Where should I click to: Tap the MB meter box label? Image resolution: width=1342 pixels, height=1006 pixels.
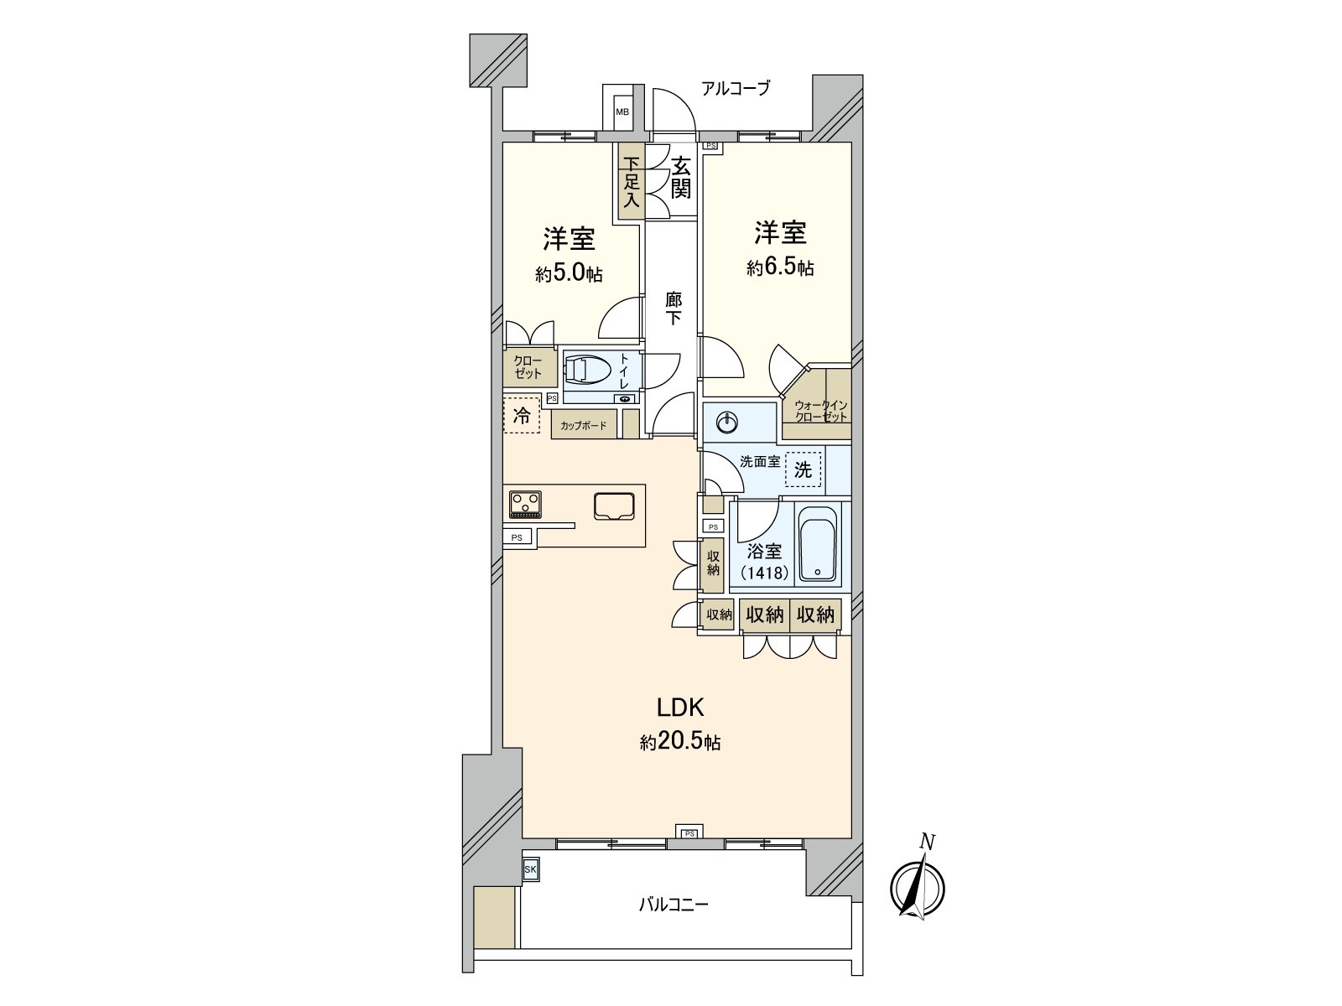pos(622,111)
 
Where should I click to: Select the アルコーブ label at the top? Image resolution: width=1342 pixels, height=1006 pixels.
pos(735,88)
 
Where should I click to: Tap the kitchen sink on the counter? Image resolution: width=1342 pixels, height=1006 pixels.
pos(614,506)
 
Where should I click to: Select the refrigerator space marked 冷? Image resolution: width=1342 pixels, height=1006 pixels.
pos(522,415)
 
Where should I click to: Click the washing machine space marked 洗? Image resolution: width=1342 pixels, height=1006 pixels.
pos(803,470)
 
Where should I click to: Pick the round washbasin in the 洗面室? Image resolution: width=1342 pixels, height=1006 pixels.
pos(726,422)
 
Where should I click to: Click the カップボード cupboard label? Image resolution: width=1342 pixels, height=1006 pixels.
pos(584,426)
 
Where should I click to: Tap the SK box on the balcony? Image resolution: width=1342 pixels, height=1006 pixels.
pos(530,870)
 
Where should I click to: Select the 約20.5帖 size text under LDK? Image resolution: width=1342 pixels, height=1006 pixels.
pos(679,742)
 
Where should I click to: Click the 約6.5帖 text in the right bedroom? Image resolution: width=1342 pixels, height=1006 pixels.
pos(780,268)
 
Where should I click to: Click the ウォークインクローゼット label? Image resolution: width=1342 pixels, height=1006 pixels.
pos(820,411)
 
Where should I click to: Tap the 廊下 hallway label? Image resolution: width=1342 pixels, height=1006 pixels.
pos(673,308)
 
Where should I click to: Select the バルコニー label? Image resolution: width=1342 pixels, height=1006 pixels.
pos(674,905)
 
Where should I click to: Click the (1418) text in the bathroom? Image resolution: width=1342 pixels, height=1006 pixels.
pos(764,573)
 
